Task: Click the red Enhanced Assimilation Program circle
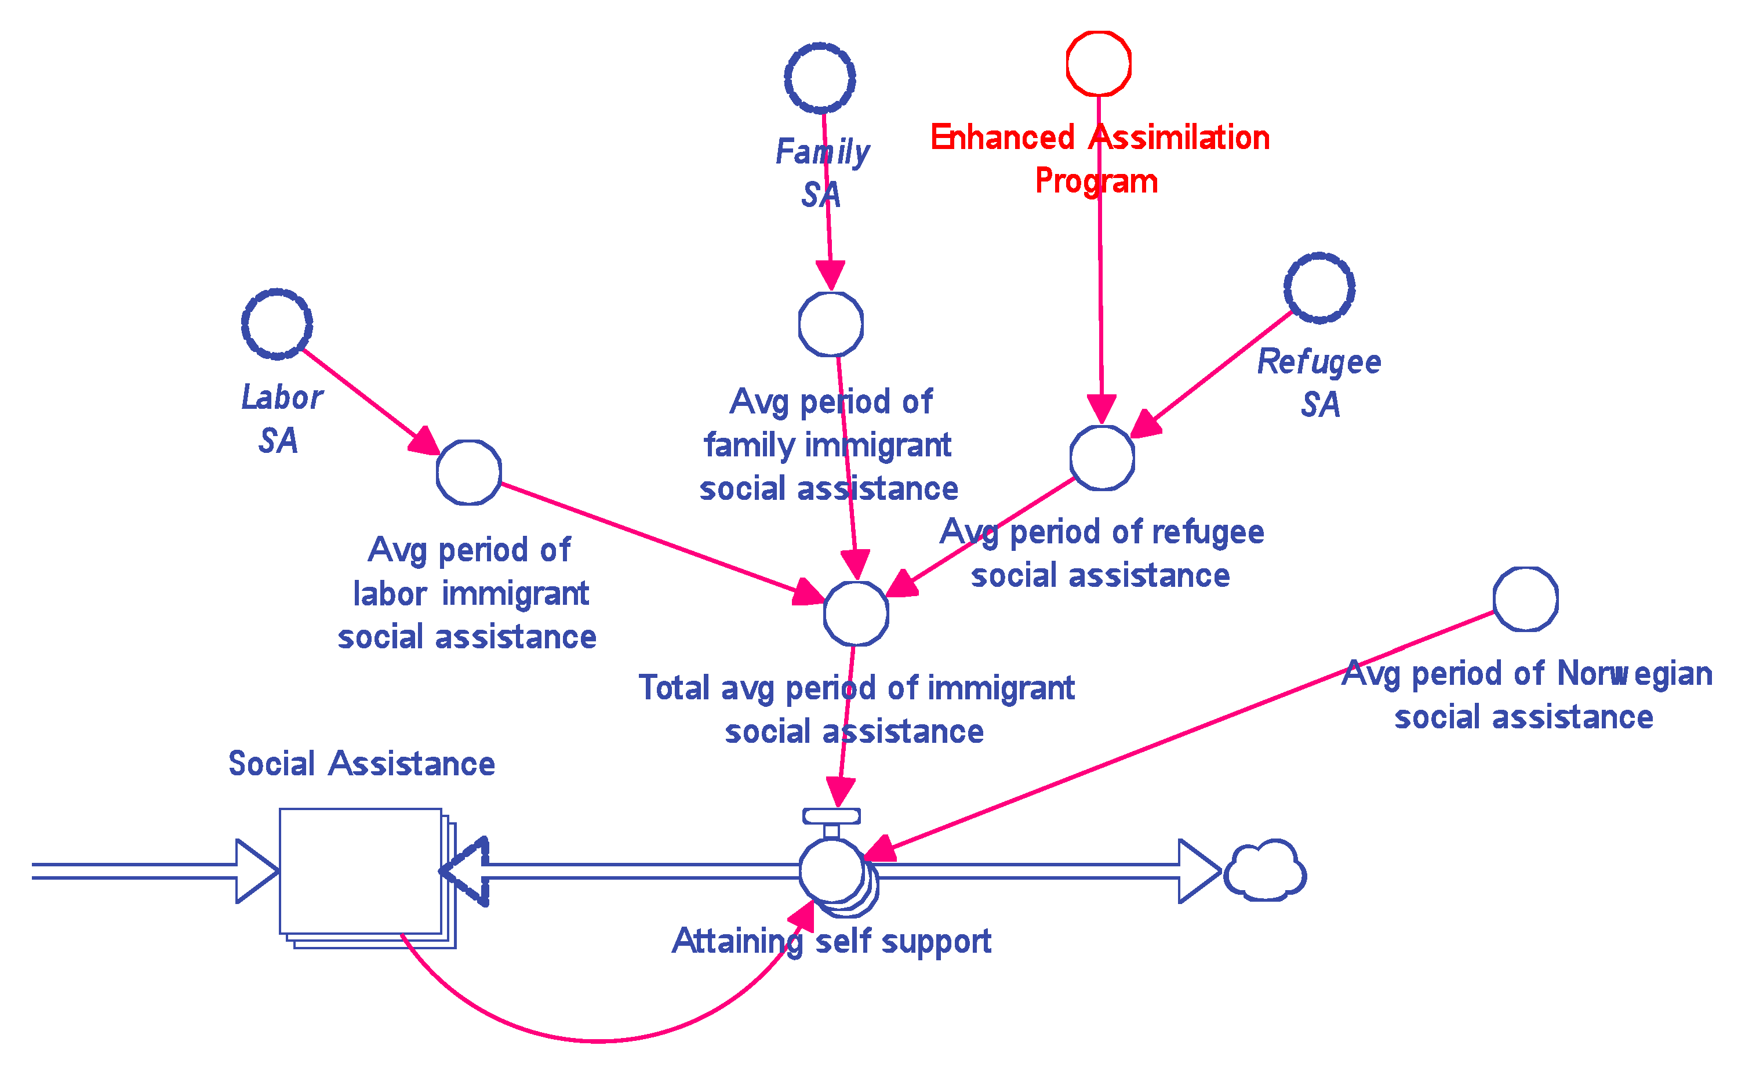coord(1098,63)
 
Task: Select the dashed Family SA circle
coord(820,78)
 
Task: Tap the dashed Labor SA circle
coord(277,324)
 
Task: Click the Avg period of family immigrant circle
coord(830,324)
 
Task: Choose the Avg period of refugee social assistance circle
coord(1102,458)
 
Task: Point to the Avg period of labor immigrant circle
coord(468,472)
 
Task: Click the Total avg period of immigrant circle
coord(855,613)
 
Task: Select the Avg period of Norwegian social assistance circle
coord(1525,599)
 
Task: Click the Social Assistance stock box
coord(361,871)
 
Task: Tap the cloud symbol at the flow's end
coord(1264,871)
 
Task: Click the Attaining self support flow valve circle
coord(831,870)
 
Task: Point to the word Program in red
coord(1096,181)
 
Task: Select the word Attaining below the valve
coord(737,941)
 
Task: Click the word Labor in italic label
coord(282,398)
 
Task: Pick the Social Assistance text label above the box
coord(361,764)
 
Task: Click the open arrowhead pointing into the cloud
coord(1199,871)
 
